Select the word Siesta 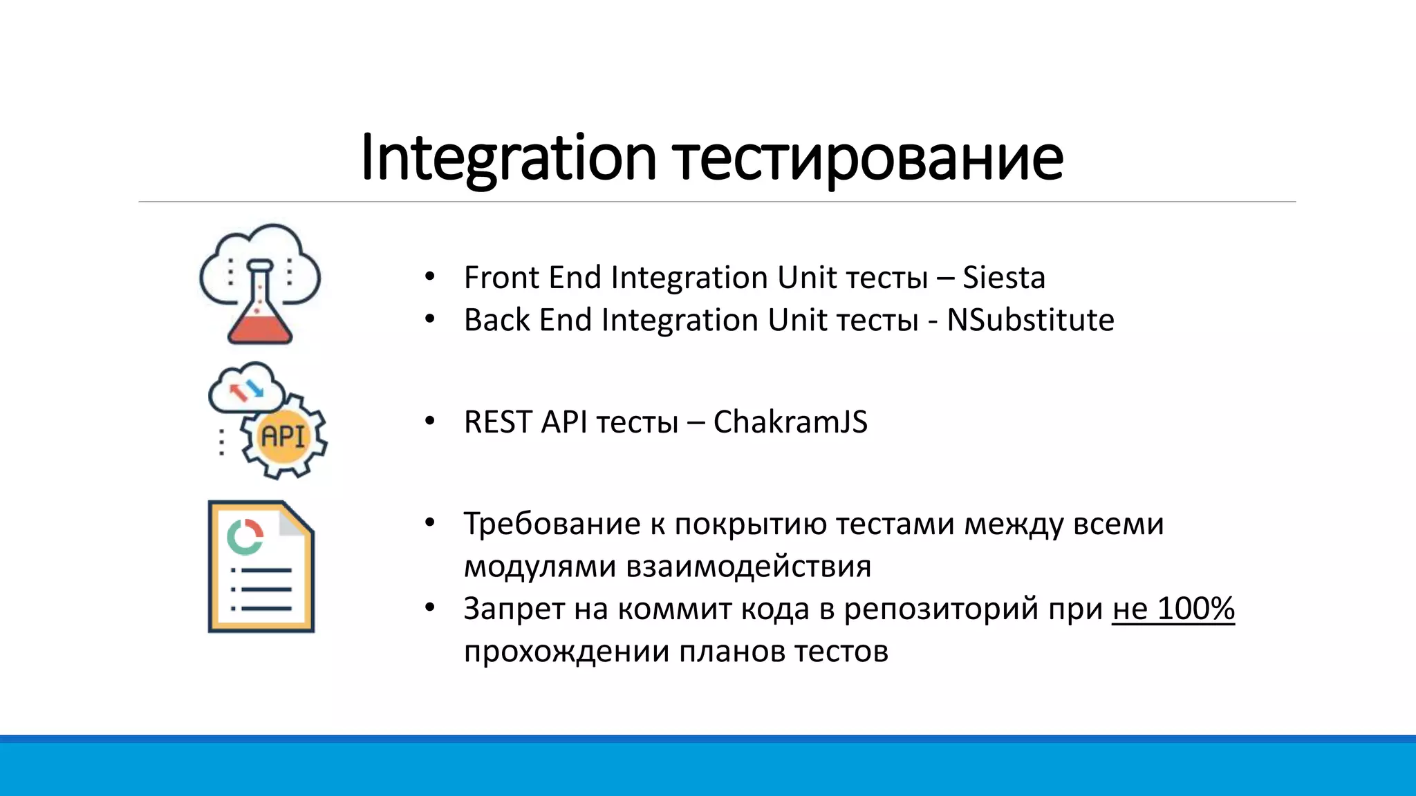click(1003, 278)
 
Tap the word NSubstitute click(1030, 320)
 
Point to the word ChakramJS click(790, 422)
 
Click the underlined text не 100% click(1173, 609)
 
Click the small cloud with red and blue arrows click(246, 389)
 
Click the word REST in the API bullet click(497, 422)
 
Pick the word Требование click(552, 524)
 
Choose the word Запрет click(514, 609)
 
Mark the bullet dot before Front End click(430, 278)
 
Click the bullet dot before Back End click(430, 320)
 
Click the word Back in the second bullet click(496, 320)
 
